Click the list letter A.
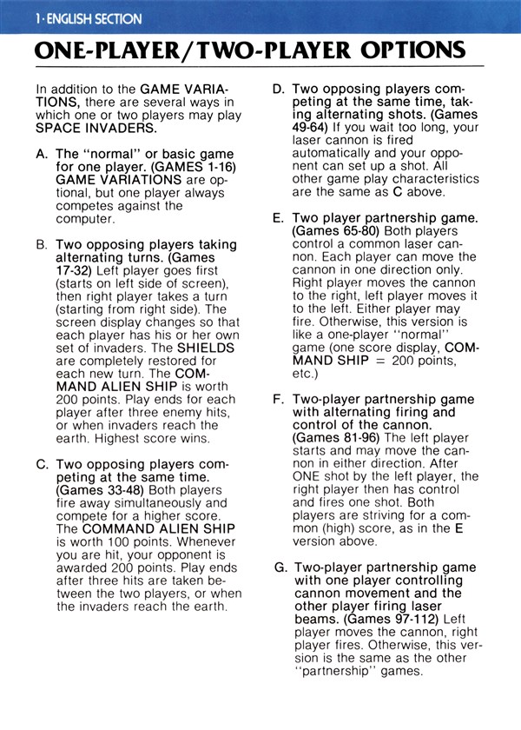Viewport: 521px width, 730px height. (x=42, y=153)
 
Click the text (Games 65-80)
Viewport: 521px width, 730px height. (x=333, y=232)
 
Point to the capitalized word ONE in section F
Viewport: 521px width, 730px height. (x=305, y=476)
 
